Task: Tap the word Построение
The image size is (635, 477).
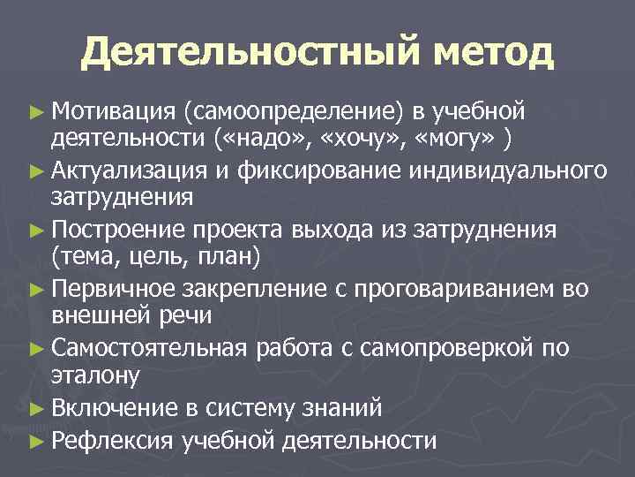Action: coord(117,230)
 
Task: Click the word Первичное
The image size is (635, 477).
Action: coord(116,289)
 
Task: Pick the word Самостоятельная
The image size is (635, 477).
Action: coord(149,349)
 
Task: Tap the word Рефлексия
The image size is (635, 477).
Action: coord(114,439)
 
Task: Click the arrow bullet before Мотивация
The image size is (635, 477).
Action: coord(34,111)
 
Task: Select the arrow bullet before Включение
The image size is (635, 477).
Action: coord(34,409)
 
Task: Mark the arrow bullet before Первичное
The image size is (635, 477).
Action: coord(34,290)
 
